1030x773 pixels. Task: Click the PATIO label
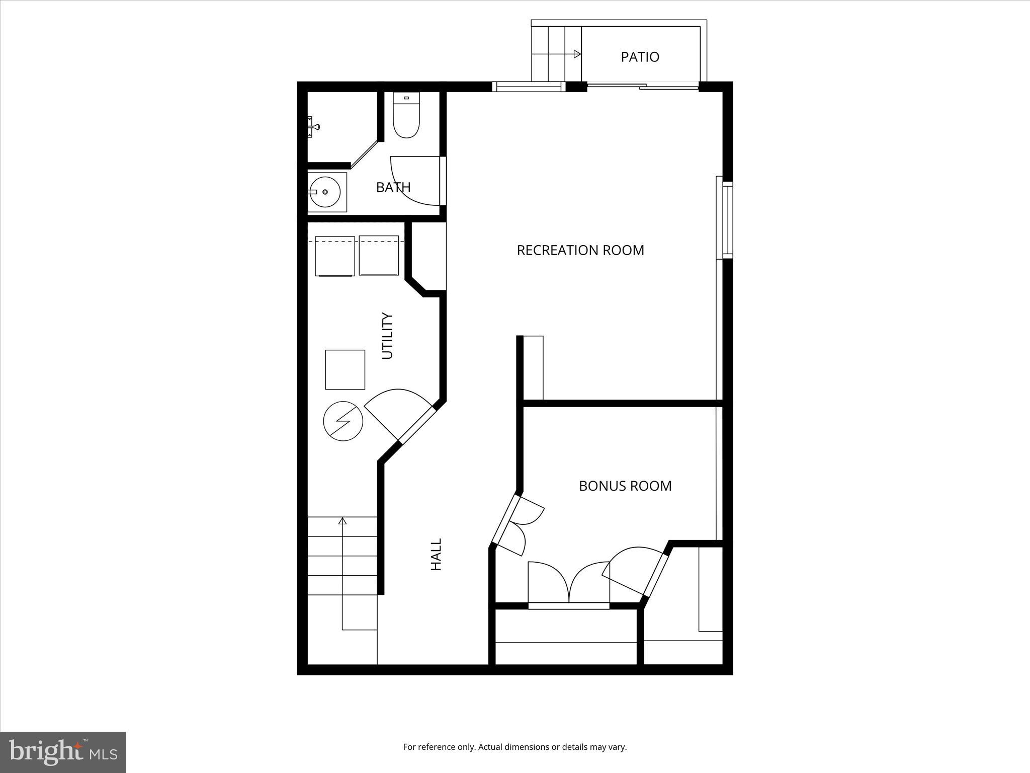pyautogui.click(x=640, y=57)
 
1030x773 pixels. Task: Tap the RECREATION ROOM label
pyautogui.click(x=580, y=250)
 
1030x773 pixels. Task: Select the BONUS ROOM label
pyautogui.click(x=625, y=486)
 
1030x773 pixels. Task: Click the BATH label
pyautogui.click(x=393, y=187)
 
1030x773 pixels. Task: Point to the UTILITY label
pyautogui.click(x=387, y=336)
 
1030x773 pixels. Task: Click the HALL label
pyautogui.click(x=436, y=554)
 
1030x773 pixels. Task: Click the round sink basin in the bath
pyautogui.click(x=325, y=192)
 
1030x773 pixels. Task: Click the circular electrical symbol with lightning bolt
pyautogui.click(x=343, y=421)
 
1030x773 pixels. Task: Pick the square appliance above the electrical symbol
pyautogui.click(x=345, y=369)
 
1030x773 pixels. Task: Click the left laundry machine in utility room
pyautogui.click(x=334, y=256)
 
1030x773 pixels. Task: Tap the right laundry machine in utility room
pyautogui.click(x=379, y=256)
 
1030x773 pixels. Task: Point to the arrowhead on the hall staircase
pyautogui.click(x=342, y=521)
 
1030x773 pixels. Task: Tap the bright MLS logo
pyautogui.click(x=63, y=751)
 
